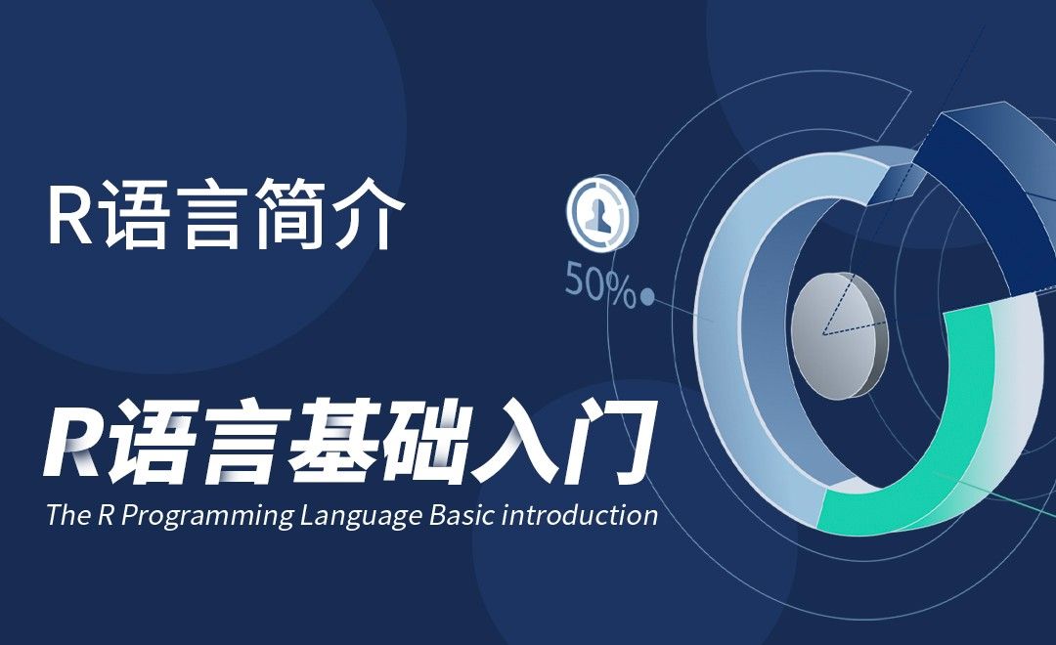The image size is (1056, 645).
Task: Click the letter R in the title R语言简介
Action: (x=69, y=218)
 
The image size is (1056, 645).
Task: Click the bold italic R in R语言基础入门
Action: (x=76, y=446)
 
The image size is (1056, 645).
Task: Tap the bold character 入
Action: (x=525, y=446)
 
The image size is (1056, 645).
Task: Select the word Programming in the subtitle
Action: (x=204, y=516)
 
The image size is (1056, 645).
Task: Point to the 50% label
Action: (x=599, y=286)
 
